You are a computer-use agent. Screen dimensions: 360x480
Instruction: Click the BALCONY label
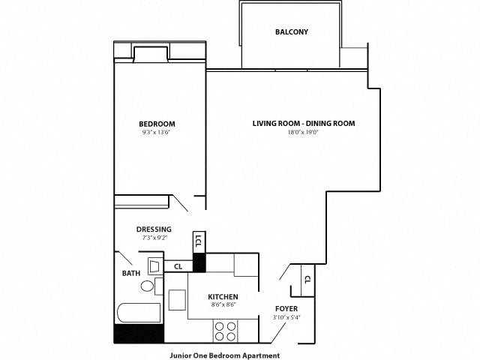(292, 32)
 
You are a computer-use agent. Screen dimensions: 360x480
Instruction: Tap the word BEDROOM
(157, 124)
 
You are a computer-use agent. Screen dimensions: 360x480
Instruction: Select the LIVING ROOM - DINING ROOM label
(303, 124)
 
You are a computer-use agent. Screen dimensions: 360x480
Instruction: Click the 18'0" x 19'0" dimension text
(303, 133)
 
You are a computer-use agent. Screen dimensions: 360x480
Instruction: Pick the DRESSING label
(154, 229)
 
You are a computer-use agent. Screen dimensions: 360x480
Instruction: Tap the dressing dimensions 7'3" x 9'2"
(154, 238)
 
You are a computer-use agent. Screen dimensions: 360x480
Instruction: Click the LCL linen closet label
(198, 241)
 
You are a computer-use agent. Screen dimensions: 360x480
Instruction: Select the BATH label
(130, 274)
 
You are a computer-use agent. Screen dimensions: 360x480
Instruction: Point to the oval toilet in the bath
(148, 286)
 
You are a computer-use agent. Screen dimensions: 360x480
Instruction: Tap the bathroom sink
(154, 266)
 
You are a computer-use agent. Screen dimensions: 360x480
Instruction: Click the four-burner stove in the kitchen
(226, 331)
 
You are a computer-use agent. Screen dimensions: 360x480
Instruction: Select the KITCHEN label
(223, 297)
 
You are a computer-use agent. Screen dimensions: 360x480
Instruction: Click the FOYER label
(286, 308)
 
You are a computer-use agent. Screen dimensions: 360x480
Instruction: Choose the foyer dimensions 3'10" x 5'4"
(286, 317)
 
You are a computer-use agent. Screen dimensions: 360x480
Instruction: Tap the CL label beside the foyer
(307, 280)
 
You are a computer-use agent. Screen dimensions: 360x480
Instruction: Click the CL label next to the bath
(178, 265)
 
